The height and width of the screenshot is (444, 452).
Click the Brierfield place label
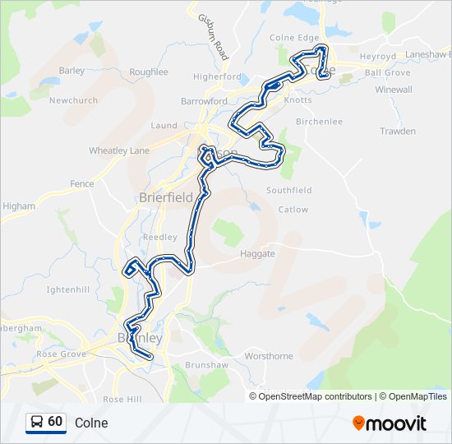point(166,197)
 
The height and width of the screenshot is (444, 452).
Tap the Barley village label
point(71,71)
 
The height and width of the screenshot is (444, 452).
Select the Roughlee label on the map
point(149,72)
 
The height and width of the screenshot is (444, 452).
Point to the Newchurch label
point(73,100)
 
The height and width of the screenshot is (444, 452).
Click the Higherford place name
point(217,76)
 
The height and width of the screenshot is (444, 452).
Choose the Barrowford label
point(204,102)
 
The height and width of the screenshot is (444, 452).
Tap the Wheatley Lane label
point(119,150)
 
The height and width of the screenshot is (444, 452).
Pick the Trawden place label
point(398,132)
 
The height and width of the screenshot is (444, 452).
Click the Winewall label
point(394,90)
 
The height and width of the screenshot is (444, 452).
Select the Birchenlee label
point(319,122)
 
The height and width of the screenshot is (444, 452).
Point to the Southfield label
point(289,190)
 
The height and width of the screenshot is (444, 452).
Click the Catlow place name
point(293,210)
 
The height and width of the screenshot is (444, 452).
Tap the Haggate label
point(257,254)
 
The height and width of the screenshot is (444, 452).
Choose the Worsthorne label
point(269,356)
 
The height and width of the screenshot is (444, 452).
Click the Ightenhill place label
point(67,289)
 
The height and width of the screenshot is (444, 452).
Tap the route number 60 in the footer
point(55,422)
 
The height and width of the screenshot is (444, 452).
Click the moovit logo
point(390,423)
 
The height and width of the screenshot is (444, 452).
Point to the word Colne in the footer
point(90,423)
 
